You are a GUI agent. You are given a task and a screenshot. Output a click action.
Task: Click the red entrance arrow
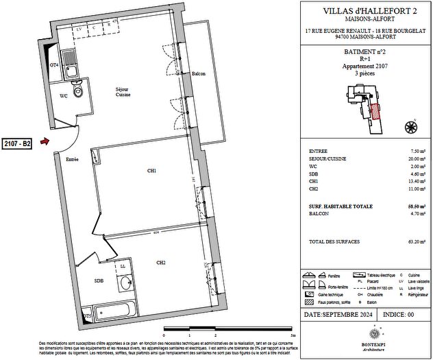pos(45,143)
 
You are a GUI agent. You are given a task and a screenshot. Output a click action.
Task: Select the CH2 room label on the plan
pos(161,262)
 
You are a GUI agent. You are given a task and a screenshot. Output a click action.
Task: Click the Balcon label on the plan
pos(199,74)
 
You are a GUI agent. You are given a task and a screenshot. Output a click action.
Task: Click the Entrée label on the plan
pos(72,159)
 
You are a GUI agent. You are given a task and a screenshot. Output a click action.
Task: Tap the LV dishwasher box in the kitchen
pos(79,29)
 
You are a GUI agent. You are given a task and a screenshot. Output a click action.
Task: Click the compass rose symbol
pos(410,125)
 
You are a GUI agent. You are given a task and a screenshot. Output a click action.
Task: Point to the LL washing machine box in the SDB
pos(123,267)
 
